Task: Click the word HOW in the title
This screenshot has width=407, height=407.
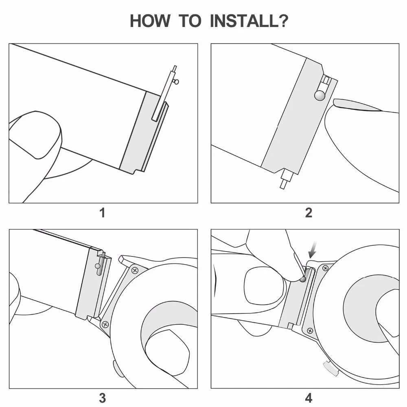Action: click(150, 21)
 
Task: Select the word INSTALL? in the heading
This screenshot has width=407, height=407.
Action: click(249, 21)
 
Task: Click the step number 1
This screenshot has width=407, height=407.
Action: click(103, 212)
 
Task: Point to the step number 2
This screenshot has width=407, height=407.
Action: click(309, 212)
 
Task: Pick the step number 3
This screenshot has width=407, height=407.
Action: click(103, 398)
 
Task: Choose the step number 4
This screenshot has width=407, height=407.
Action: click(309, 398)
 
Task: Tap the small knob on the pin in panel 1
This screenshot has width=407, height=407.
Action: click(176, 82)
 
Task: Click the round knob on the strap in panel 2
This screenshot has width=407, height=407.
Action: click(319, 95)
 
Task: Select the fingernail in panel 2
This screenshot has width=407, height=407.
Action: click(357, 105)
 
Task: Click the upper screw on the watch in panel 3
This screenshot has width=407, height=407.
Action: click(135, 271)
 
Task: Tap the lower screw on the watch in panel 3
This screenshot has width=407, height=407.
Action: click(105, 324)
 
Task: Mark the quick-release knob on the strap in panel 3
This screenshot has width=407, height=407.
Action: click(98, 266)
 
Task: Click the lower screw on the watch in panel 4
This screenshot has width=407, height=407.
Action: click(310, 330)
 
